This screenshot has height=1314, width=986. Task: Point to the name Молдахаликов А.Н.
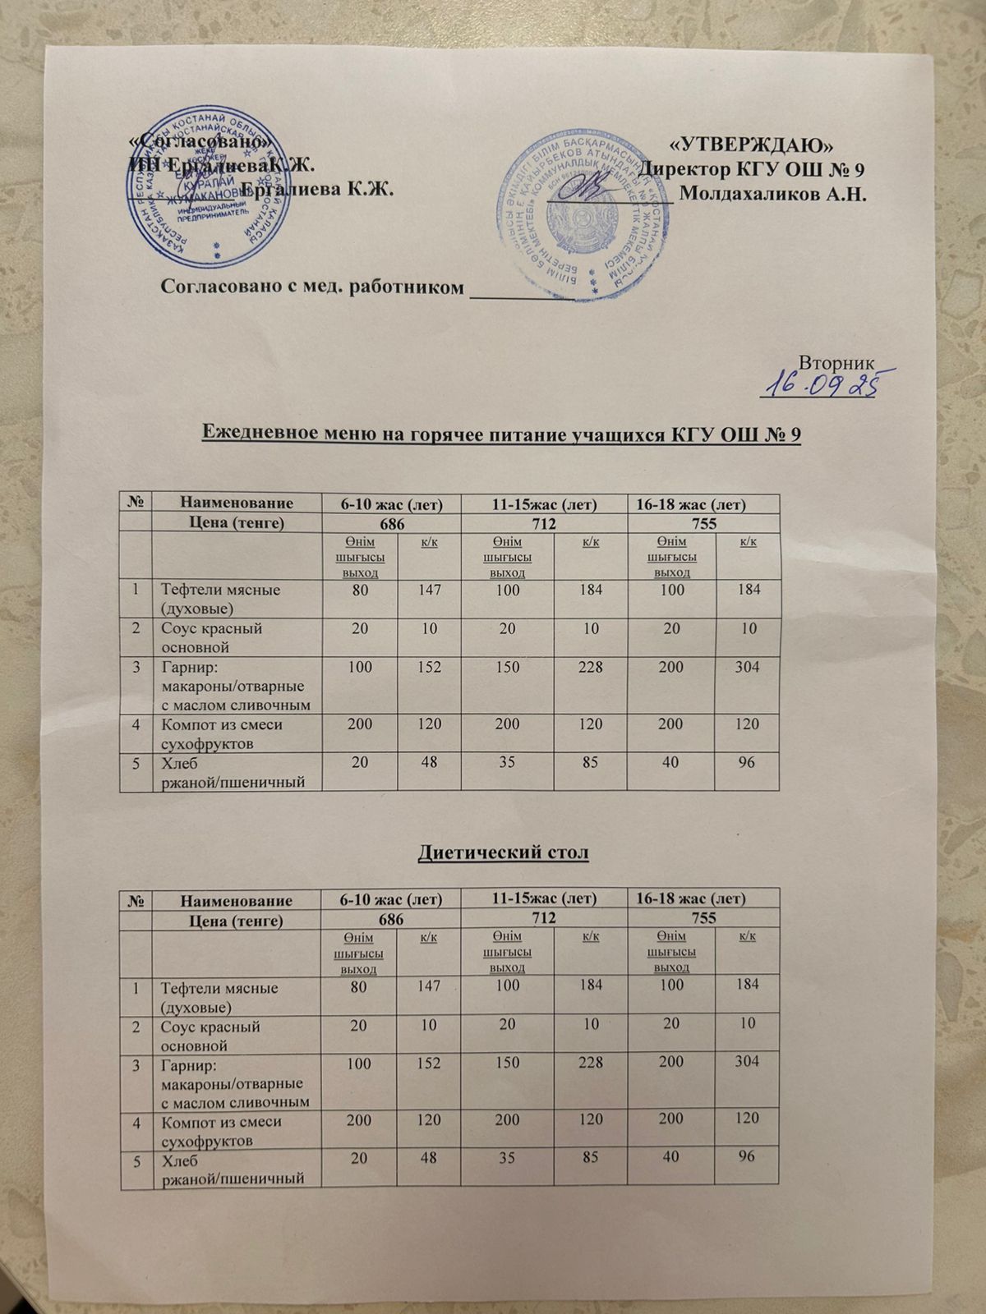point(776,195)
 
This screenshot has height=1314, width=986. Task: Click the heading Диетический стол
point(504,853)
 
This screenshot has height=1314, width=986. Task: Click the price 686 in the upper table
point(391,523)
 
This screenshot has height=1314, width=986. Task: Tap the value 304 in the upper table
point(747,667)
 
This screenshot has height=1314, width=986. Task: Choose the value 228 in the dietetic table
point(590,1062)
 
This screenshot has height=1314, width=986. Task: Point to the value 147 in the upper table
point(429,590)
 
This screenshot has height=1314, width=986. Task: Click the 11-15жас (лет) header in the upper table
point(544,504)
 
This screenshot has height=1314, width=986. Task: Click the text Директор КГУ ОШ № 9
point(753,170)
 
